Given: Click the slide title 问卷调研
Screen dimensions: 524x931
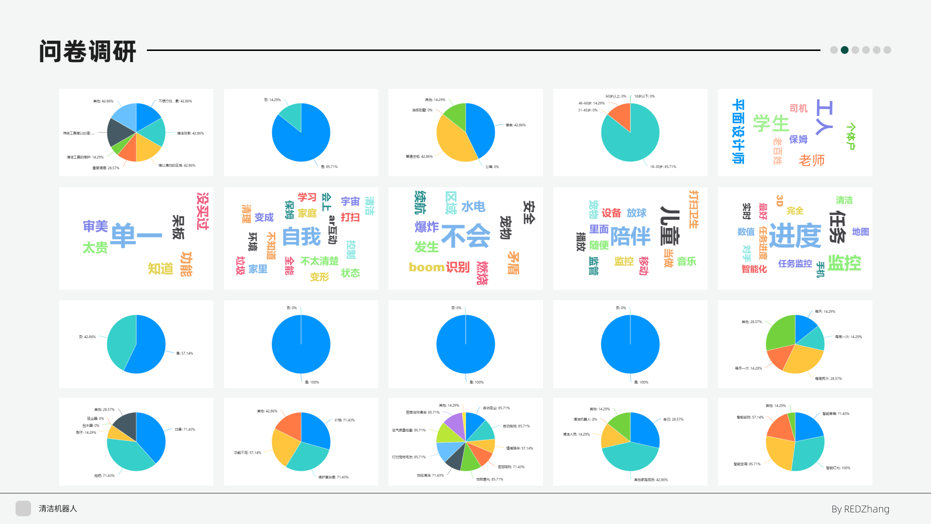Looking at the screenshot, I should pos(87,51).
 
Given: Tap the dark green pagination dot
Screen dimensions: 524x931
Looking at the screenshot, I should pos(845,50).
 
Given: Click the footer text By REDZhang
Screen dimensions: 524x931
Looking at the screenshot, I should pos(860,509).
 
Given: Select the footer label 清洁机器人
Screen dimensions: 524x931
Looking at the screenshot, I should pos(58,508).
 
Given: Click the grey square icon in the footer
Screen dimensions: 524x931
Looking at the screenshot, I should pos(23,508).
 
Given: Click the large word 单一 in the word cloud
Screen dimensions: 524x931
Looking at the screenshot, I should pos(136,236).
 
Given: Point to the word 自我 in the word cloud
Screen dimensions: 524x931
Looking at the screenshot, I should pos(301,237).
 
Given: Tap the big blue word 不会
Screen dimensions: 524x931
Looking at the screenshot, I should pos(465,236).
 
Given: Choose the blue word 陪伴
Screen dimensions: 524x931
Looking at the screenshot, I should pos(630,236).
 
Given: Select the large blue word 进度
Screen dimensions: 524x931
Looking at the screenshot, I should pos(795,236).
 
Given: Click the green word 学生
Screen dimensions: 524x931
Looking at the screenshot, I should pos(771,123).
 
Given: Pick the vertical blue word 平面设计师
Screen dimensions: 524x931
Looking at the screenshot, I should pos(738,131).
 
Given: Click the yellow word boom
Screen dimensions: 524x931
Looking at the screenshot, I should pos(426,267).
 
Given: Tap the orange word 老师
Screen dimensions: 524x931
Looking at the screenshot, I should pos(812,160).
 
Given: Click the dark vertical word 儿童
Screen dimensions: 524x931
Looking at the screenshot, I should pos(670,225).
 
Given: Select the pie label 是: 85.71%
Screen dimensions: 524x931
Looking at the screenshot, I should pos(329,167).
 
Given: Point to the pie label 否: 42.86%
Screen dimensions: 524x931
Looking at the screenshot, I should pos(87,337).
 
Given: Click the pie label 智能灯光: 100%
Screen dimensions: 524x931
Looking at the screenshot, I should pos(838,468).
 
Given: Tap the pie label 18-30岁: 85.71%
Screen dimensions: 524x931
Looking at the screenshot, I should pos(663,167).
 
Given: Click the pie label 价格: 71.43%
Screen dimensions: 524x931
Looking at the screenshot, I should pos(344,420).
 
